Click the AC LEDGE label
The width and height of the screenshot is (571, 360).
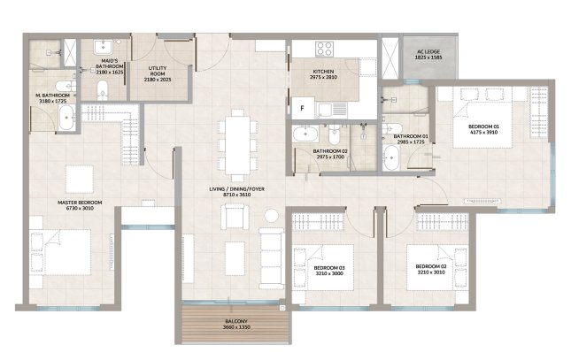[428, 51]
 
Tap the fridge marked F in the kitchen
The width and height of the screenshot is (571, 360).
[303, 108]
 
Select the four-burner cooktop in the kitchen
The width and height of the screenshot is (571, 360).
[325, 49]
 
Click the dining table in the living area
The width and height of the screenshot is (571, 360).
[237, 145]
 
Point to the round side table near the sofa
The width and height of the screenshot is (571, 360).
[271, 216]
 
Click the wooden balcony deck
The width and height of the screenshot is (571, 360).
[235, 324]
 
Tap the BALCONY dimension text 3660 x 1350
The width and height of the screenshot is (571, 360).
[236, 327]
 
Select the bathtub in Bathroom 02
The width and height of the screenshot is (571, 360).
[305, 134]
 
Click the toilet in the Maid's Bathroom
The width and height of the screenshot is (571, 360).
[103, 90]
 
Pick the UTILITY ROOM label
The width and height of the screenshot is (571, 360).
[158, 71]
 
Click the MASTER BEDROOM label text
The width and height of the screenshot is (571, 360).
[80, 203]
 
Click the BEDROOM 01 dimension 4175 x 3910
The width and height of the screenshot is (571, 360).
[484, 132]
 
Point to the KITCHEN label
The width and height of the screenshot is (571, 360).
[323, 72]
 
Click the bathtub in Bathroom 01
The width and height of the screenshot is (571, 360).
[391, 158]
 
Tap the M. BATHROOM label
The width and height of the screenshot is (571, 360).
[52, 96]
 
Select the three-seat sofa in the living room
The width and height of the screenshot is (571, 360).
[271, 258]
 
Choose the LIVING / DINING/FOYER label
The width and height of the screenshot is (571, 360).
[236, 189]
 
